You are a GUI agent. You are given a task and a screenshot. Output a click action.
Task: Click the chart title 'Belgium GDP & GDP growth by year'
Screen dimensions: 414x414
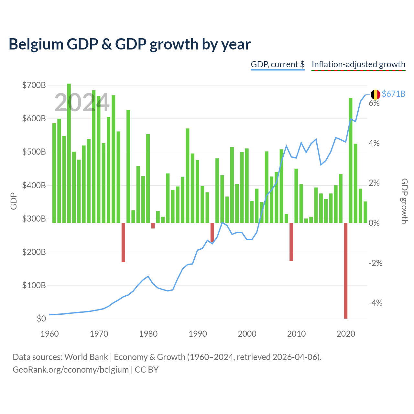(130, 44)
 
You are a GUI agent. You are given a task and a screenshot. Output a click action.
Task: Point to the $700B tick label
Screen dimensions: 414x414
(34, 85)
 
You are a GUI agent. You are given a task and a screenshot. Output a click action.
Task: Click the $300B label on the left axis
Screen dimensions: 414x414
(34, 219)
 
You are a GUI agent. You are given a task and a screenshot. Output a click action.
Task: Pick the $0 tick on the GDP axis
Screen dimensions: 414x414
(41, 319)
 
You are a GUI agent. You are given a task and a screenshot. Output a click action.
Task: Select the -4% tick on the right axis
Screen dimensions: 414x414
(376, 303)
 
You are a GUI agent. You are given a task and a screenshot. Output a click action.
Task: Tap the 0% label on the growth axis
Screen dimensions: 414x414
(374, 223)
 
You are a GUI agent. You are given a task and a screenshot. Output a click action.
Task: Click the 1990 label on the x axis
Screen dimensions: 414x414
(198, 334)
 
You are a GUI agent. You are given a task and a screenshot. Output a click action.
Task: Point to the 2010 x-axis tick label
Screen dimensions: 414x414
(297, 334)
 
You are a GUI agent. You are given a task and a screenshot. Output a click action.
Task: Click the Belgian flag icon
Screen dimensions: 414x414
(375, 94)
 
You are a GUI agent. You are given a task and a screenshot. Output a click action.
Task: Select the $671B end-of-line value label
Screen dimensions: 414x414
(393, 94)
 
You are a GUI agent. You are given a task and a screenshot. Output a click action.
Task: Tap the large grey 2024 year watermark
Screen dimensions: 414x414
(82, 103)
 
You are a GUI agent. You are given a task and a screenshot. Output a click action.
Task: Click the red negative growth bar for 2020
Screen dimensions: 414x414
(345, 271)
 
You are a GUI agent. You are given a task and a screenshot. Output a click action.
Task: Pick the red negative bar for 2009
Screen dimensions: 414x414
(291, 242)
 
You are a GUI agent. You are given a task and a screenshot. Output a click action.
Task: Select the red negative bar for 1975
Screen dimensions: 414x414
(123, 243)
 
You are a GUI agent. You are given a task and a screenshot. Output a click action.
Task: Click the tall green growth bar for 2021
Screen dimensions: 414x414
(350, 160)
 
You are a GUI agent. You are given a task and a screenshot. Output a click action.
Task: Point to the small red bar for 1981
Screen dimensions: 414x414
(153, 225)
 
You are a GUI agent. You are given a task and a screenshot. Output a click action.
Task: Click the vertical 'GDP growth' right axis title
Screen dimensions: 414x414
(404, 201)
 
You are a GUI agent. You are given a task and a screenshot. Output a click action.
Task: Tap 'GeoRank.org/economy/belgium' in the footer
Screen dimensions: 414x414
(71, 370)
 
